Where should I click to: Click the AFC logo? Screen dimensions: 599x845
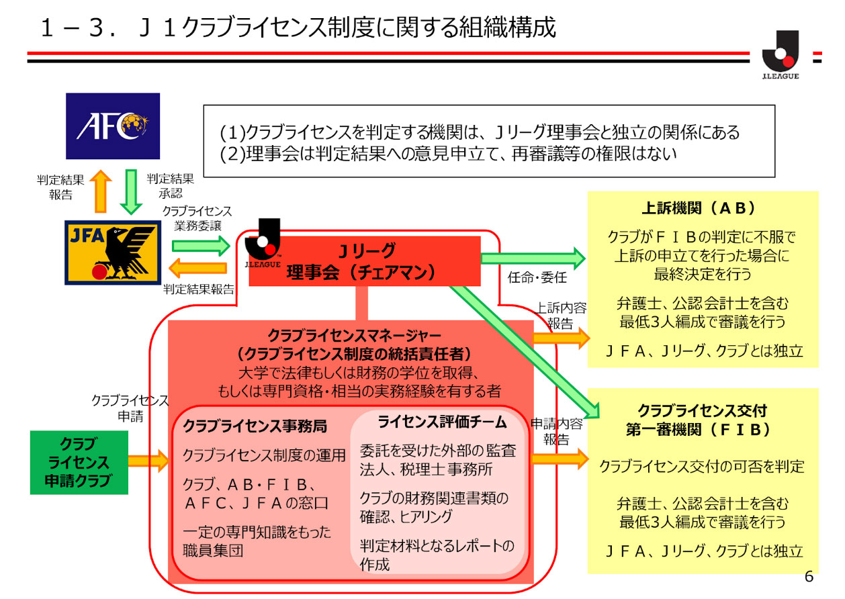(112, 126)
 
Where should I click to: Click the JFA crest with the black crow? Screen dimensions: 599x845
(112, 252)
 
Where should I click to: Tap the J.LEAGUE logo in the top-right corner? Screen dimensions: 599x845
(780, 55)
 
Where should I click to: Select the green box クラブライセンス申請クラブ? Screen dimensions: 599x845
(79, 463)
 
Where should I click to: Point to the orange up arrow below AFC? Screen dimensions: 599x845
(101, 189)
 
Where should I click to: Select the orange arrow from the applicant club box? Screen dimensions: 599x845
(148, 460)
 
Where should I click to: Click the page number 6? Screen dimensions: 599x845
(809, 577)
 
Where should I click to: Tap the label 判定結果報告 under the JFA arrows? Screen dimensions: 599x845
(199, 290)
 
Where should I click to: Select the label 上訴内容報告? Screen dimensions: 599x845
(561, 316)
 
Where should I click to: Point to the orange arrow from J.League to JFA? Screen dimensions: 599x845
(198, 269)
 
